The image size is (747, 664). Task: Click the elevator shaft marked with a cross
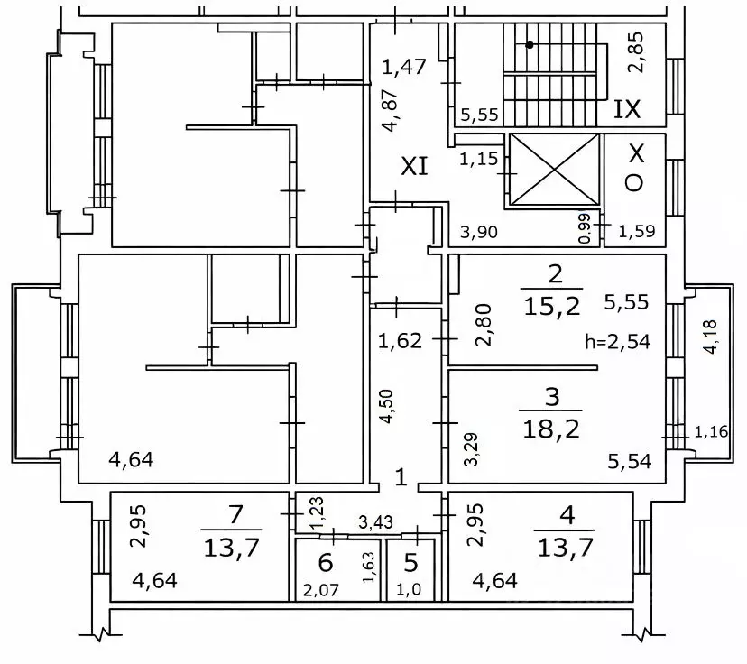[554, 171]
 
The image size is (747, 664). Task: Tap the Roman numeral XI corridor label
[414, 166]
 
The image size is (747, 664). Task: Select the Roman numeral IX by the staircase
[626, 110]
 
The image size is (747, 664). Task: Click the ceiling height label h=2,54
[618, 341]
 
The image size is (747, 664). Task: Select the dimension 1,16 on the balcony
[711, 432]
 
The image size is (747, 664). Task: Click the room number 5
[410, 564]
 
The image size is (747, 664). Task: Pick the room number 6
[326, 564]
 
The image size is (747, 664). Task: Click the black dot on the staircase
[530, 44]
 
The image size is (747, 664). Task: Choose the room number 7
[236, 515]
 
